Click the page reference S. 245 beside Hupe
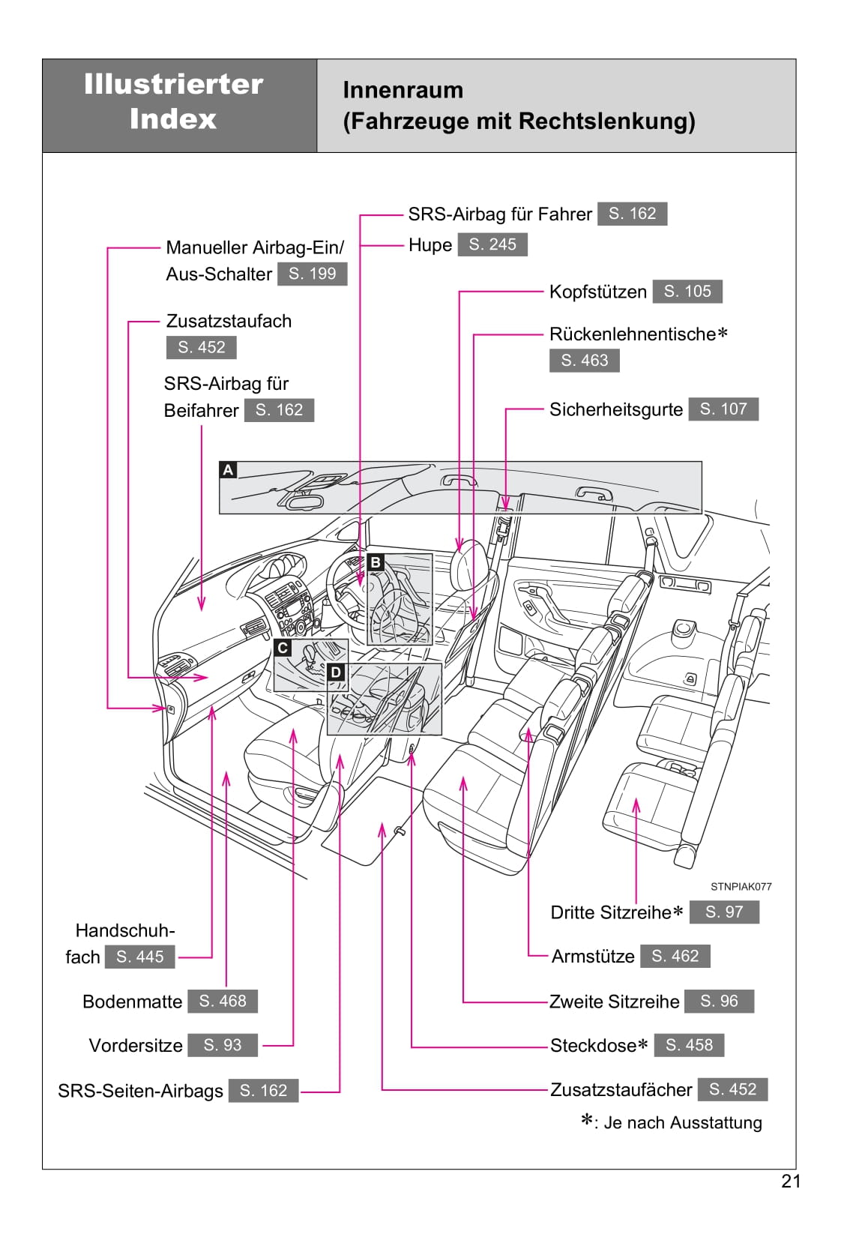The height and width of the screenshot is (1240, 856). tap(492, 244)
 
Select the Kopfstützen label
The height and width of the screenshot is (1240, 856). tap(597, 292)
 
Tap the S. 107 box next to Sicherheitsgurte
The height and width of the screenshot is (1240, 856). tap(723, 409)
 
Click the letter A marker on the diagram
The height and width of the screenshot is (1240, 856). tap(228, 470)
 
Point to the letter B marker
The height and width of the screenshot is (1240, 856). tap(376, 562)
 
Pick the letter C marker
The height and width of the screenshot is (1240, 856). tap(283, 648)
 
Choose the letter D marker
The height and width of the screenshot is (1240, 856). tap(336, 672)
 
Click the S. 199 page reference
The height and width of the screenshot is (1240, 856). tap(313, 274)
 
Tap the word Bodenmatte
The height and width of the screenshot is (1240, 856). tap(132, 1002)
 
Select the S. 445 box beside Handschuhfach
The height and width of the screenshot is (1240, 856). tap(139, 957)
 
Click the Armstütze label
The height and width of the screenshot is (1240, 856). tap(593, 957)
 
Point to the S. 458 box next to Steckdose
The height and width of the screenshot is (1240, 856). tap(689, 1045)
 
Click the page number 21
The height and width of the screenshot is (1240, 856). tap(791, 1182)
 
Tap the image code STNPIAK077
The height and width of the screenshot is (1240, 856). tap(741, 886)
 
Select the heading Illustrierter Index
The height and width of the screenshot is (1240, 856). tap(173, 101)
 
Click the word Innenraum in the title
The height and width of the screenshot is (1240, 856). tap(403, 90)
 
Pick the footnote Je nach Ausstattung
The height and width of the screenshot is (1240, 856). tap(682, 1122)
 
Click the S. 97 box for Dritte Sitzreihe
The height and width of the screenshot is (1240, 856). tap(723, 912)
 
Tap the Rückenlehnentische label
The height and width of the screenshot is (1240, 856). tap(633, 334)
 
